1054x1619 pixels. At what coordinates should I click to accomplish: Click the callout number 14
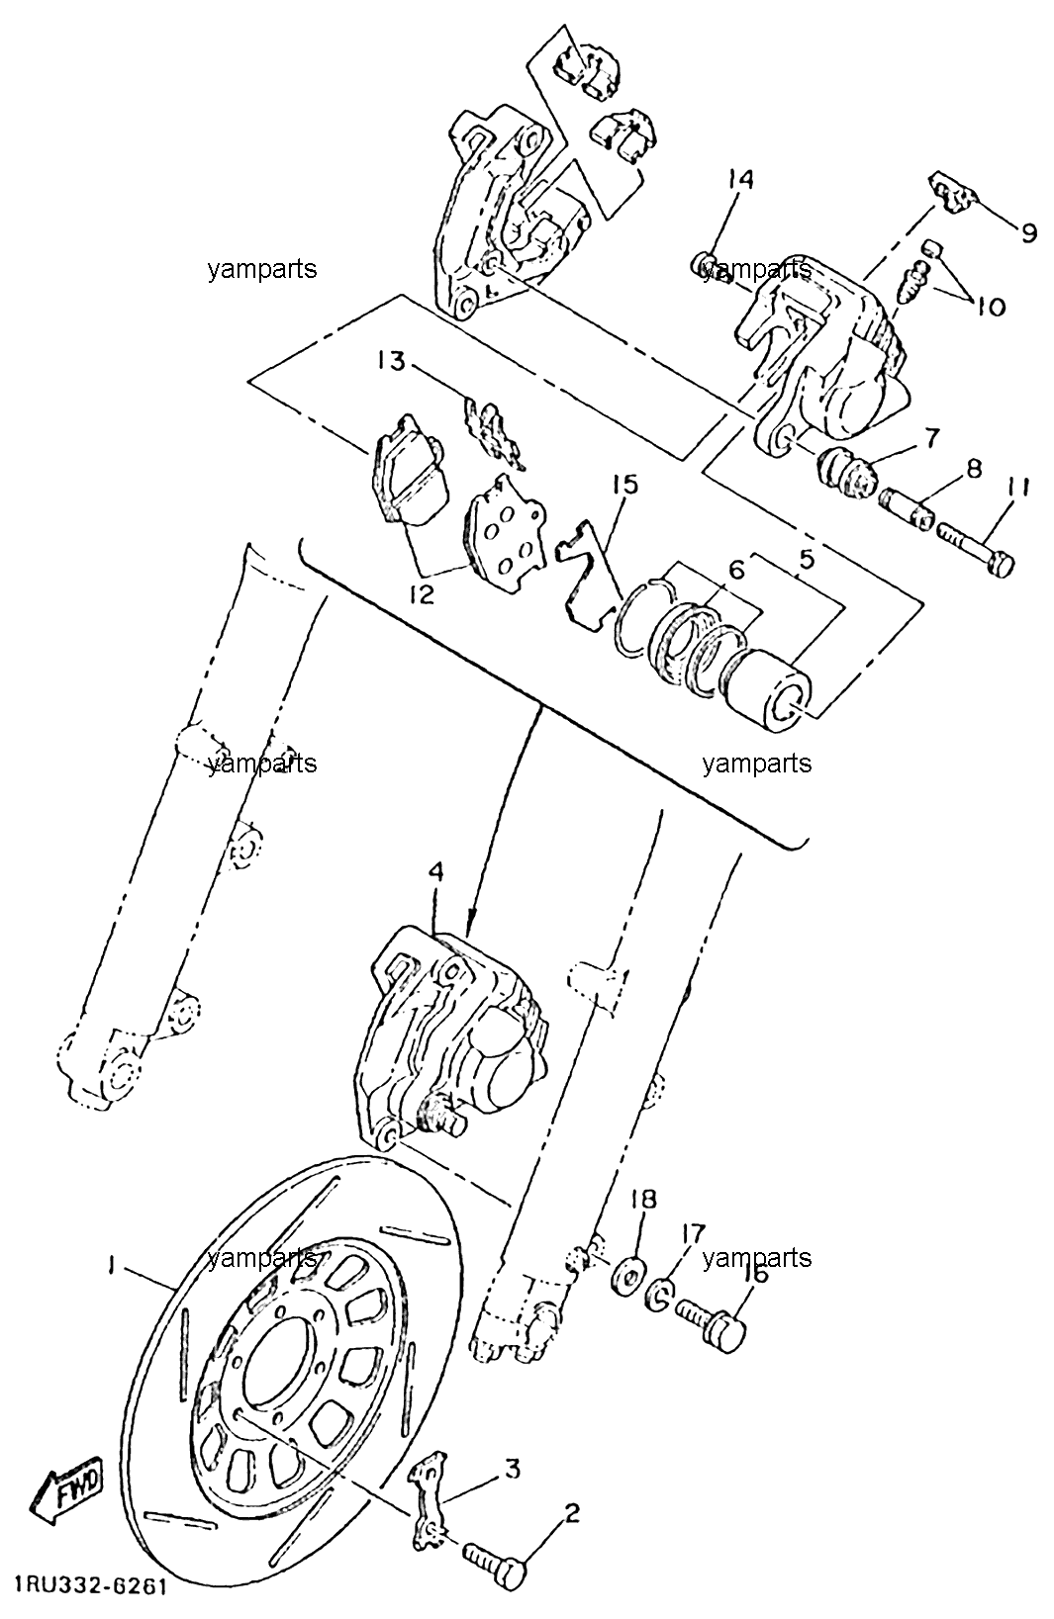739,179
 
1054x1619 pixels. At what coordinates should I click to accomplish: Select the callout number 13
393,361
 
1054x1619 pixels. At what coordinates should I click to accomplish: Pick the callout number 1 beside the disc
111,1265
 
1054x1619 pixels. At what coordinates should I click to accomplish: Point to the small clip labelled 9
952,192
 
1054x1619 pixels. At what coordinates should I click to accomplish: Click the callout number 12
421,594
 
